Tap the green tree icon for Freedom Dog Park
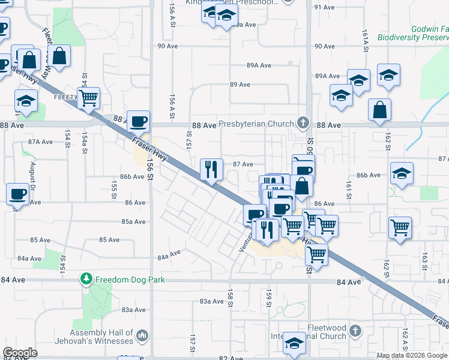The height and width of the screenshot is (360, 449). (x=87, y=278)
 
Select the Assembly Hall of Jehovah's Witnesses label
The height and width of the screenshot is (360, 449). (x=101, y=337)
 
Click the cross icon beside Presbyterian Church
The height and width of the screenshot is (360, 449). (x=303, y=124)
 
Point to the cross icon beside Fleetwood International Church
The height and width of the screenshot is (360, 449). (x=355, y=331)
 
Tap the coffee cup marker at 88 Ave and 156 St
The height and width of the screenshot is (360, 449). (x=138, y=122)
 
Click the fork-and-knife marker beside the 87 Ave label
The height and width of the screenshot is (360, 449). (x=211, y=169)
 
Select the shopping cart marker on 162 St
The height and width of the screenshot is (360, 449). (x=399, y=228)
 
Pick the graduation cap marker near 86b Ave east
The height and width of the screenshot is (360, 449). (x=401, y=174)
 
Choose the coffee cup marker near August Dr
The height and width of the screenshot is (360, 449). (x=17, y=194)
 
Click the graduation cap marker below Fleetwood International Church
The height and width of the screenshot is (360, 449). (x=294, y=344)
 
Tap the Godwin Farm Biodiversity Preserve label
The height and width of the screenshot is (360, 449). (x=413, y=33)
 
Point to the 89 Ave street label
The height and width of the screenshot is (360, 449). (x=240, y=85)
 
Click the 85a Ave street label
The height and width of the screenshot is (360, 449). (x=134, y=221)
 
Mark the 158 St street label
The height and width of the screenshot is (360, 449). (x=230, y=296)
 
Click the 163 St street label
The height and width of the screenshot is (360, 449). (x=424, y=260)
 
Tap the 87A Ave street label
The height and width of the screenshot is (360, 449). (x=41, y=142)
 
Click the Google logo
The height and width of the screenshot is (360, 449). (x=20, y=352)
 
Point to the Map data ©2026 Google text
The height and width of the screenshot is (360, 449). (x=412, y=356)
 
